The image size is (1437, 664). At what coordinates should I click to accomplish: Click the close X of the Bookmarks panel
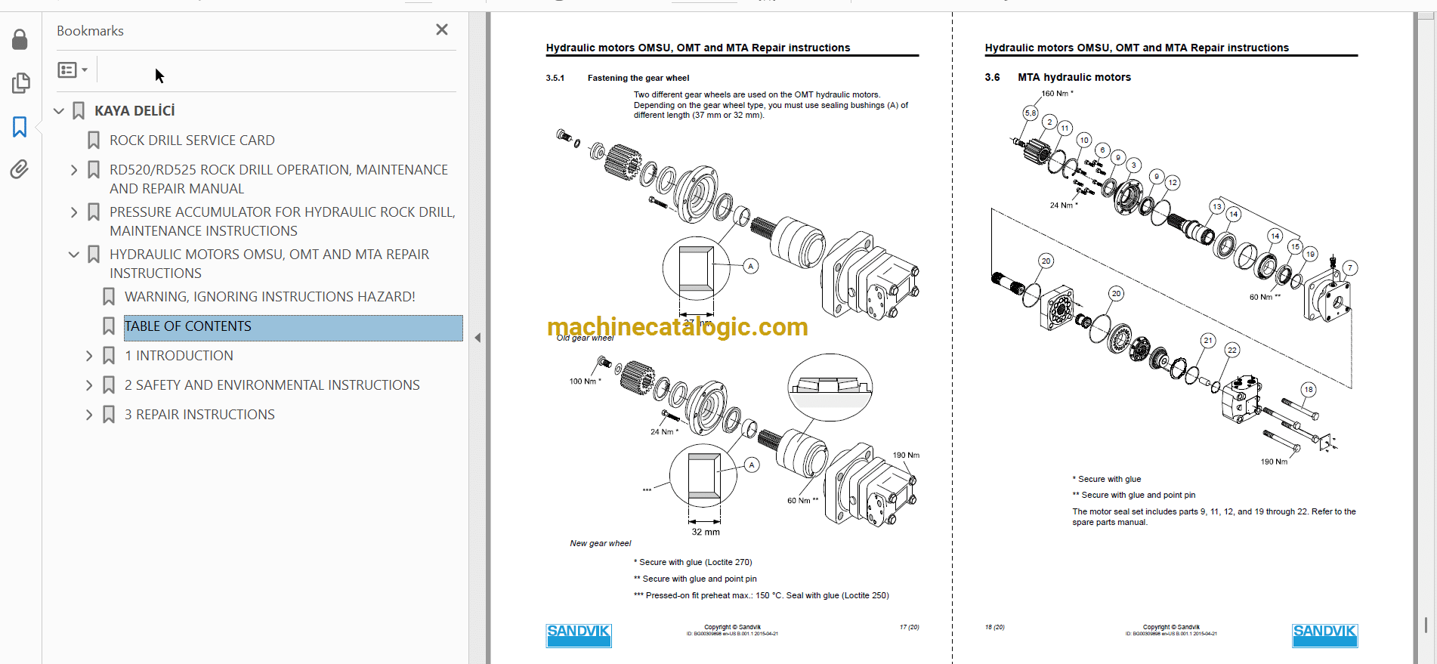click(x=442, y=29)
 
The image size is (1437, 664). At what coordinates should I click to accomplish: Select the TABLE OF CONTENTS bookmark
click(x=188, y=326)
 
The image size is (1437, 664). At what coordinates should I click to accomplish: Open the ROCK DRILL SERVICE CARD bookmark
click(x=192, y=141)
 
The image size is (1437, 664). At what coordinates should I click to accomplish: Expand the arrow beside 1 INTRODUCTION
click(x=89, y=356)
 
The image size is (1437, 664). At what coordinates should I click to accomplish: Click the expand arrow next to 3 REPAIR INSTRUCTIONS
click(x=89, y=415)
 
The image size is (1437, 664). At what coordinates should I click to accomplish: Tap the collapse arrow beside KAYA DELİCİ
click(x=59, y=111)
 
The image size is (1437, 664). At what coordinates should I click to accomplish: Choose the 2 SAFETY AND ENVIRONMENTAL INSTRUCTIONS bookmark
click(x=272, y=385)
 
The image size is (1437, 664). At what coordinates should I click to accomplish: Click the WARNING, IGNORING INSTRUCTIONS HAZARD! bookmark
click(x=270, y=297)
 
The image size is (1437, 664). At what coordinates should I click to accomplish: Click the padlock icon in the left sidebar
click(x=20, y=39)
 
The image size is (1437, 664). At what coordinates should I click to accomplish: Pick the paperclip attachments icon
click(x=20, y=169)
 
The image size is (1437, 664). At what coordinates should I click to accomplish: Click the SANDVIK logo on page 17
click(x=579, y=635)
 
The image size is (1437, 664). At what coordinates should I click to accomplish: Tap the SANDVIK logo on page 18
click(x=1324, y=635)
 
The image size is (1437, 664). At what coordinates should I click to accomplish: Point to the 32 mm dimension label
click(x=706, y=532)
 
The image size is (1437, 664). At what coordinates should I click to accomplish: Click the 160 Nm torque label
click(x=1056, y=94)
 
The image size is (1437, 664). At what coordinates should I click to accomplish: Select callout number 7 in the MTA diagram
click(x=1349, y=267)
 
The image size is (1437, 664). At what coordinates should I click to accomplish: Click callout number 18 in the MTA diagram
click(x=1309, y=390)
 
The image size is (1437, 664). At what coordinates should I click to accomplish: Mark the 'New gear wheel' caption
click(x=601, y=543)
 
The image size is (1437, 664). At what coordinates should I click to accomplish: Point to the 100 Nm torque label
click(x=585, y=381)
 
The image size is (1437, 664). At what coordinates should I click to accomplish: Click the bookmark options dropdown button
click(x=73, y=70)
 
